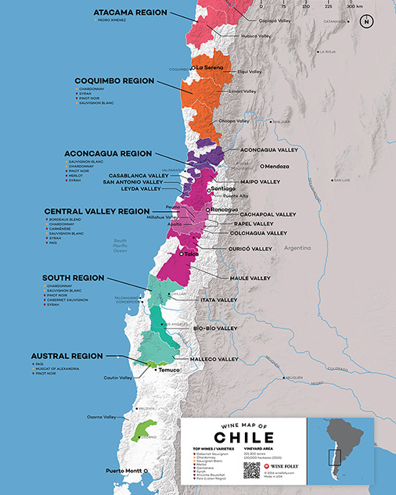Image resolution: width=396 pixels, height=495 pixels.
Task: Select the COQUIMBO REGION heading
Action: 113,80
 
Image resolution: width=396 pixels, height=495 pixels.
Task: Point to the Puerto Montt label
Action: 124,471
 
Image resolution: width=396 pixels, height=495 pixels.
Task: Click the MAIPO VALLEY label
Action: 258,182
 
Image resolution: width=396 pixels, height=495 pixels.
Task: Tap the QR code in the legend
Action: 251,470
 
